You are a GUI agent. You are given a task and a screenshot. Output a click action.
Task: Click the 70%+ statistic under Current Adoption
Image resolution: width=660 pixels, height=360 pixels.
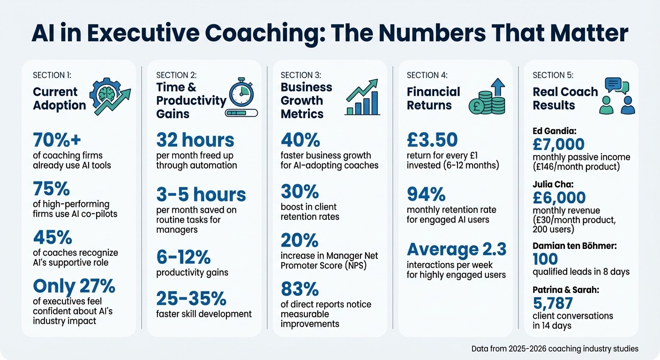pyautogui.click(x=54, y=140)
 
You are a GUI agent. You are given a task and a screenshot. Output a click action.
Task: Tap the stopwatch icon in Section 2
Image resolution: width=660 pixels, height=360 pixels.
pyautogui.click(x=241, y=94)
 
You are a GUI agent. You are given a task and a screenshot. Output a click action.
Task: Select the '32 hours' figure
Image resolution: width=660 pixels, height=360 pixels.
pyautogui.click(x=195, y=140)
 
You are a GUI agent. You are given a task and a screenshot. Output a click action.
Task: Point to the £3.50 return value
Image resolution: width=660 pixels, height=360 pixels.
pyautogui.click(x=432, y=140)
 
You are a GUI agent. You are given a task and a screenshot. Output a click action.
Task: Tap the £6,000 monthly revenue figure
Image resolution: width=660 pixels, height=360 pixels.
pyautogui.click(x=558, y=197)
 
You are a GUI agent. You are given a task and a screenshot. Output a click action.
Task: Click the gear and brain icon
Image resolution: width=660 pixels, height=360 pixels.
pyautogui.click(x=110, y=96)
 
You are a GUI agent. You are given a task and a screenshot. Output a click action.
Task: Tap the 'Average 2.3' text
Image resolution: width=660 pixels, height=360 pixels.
pyautogui.click(x=457, y=249)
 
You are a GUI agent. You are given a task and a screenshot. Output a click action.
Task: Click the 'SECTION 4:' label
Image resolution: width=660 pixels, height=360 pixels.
pyautogui.click(x=427, y=75)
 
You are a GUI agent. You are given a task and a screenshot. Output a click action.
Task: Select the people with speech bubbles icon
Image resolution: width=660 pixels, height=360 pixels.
pyautogui.click(x=617, y=96)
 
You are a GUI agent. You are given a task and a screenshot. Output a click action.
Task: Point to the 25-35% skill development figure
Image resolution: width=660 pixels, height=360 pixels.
pyautogui.click(x=191, y=299)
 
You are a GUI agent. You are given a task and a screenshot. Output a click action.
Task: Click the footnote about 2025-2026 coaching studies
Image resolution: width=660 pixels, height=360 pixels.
pyautogui.click(x=555, y=349)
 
